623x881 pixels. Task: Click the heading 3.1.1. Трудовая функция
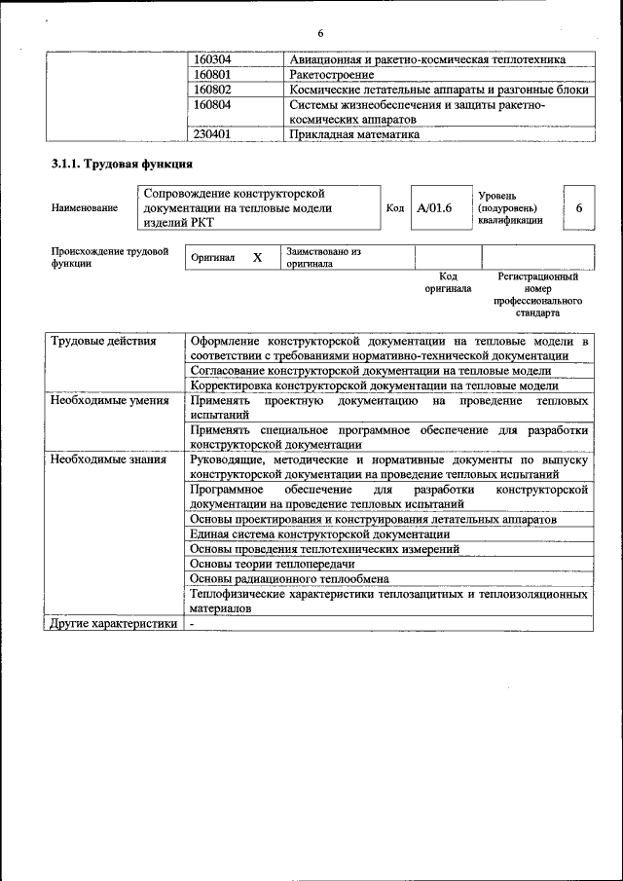(x=122, y=165)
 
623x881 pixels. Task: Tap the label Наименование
(x=84, y=207)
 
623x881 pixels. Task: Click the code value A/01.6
(x=434, y=208)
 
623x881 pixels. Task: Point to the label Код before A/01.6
(x=394, y=208)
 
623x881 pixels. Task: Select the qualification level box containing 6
(x=578, y=208)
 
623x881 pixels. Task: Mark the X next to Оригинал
(x=257, y=258)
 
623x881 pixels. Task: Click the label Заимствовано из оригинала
(x=323, y=257)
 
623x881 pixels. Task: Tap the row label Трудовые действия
(x=104, y=342)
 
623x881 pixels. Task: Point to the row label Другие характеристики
(x=114, y=624)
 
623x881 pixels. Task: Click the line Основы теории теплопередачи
(x=273, y=564)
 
